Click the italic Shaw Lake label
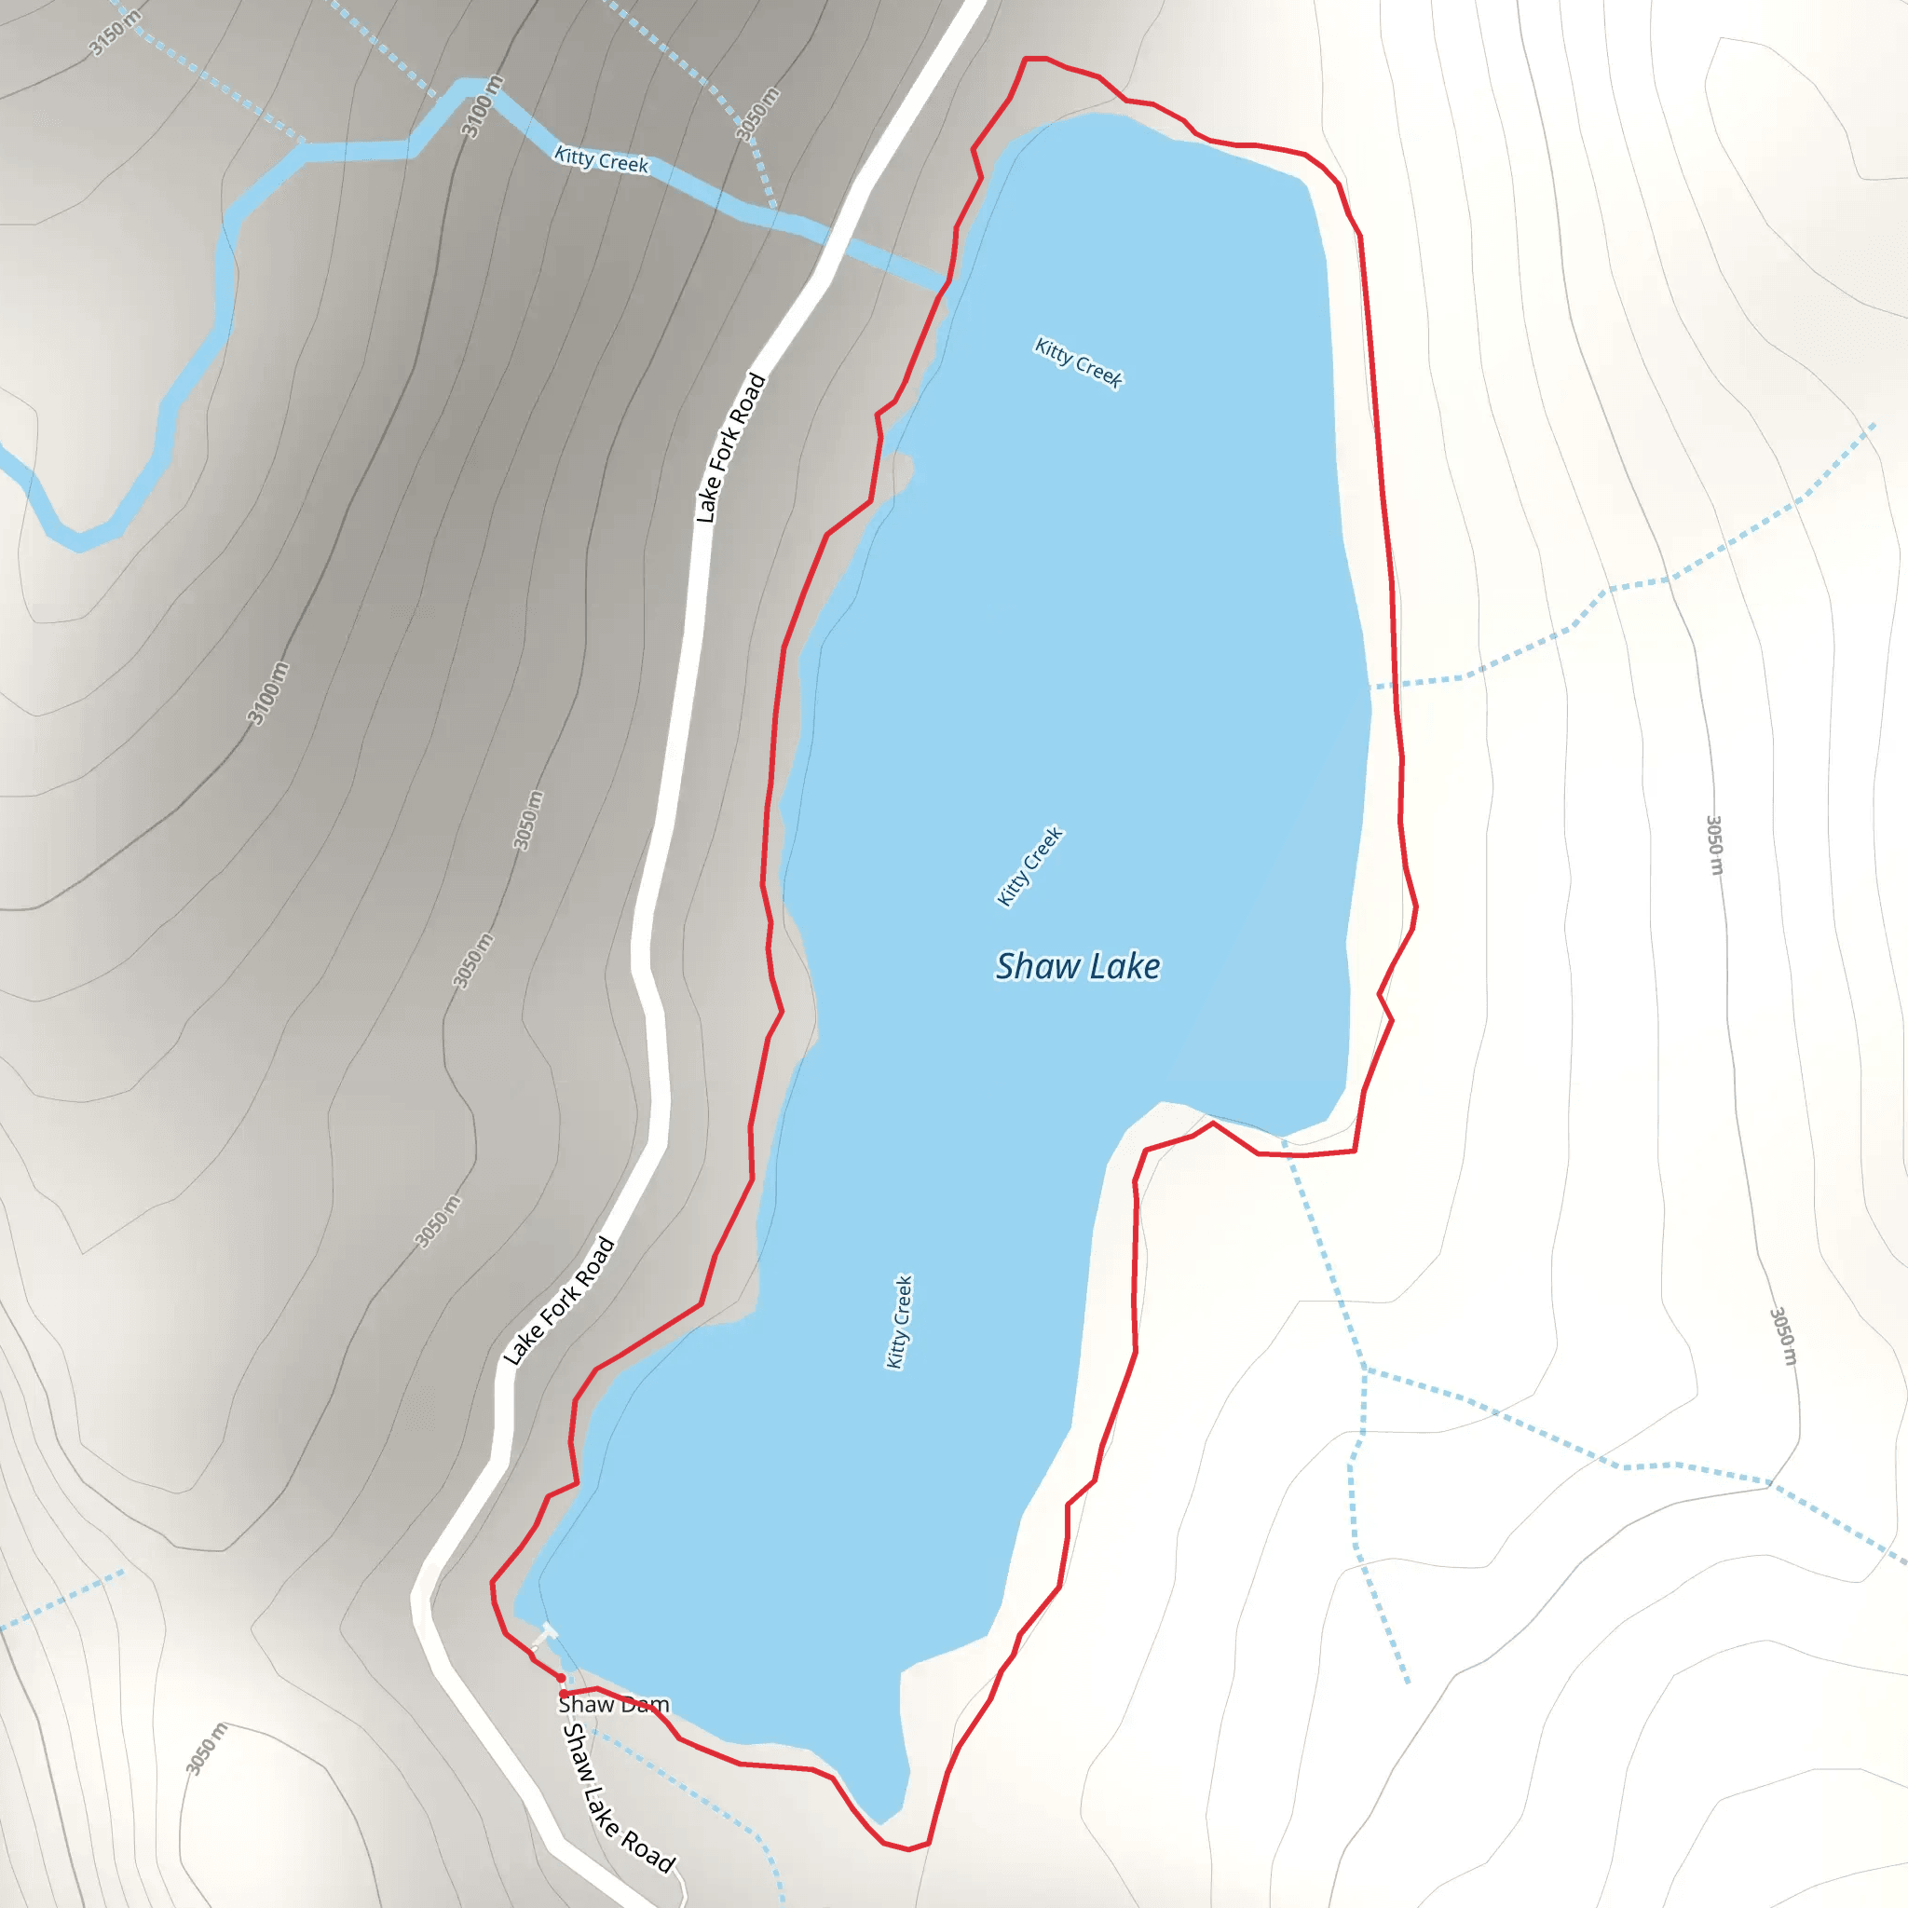(1078, 966)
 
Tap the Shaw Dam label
(613, 1705)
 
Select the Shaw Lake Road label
(618, 1796)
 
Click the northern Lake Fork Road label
(730, 447)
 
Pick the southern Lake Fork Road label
(559, 1301)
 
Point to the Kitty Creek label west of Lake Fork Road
(602, 159)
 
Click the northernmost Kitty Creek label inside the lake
(1078, 362)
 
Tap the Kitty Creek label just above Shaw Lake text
(1029, 866)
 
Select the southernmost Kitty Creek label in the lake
(899, 1322)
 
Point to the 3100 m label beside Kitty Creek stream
(482, 106)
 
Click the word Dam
(645, 1705)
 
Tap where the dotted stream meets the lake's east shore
(1370, 686)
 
